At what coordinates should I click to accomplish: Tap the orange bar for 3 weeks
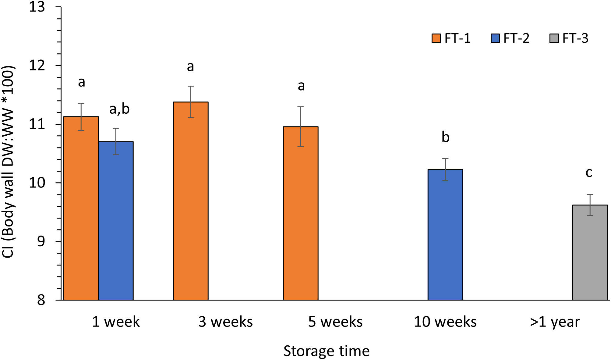(191, 201)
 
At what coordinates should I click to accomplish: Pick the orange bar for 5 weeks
(301, 213)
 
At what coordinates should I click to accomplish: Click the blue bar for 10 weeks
(445, 234)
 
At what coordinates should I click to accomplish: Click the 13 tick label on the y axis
(37, 7)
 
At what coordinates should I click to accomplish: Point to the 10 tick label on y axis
(37, 183)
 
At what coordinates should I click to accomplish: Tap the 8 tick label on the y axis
(41, 300)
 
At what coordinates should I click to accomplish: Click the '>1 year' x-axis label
(555, 322)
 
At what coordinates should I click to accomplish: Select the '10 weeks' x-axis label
(445, 322)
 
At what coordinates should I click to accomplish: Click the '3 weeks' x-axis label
(225, 322)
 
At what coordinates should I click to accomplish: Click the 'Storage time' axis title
(326, 351)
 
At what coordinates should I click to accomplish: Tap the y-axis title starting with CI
(8, 162)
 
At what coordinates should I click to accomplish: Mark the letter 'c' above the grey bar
(589, 173)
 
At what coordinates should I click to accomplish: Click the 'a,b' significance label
(119, 109)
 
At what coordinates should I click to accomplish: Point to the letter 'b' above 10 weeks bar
(445, 137)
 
